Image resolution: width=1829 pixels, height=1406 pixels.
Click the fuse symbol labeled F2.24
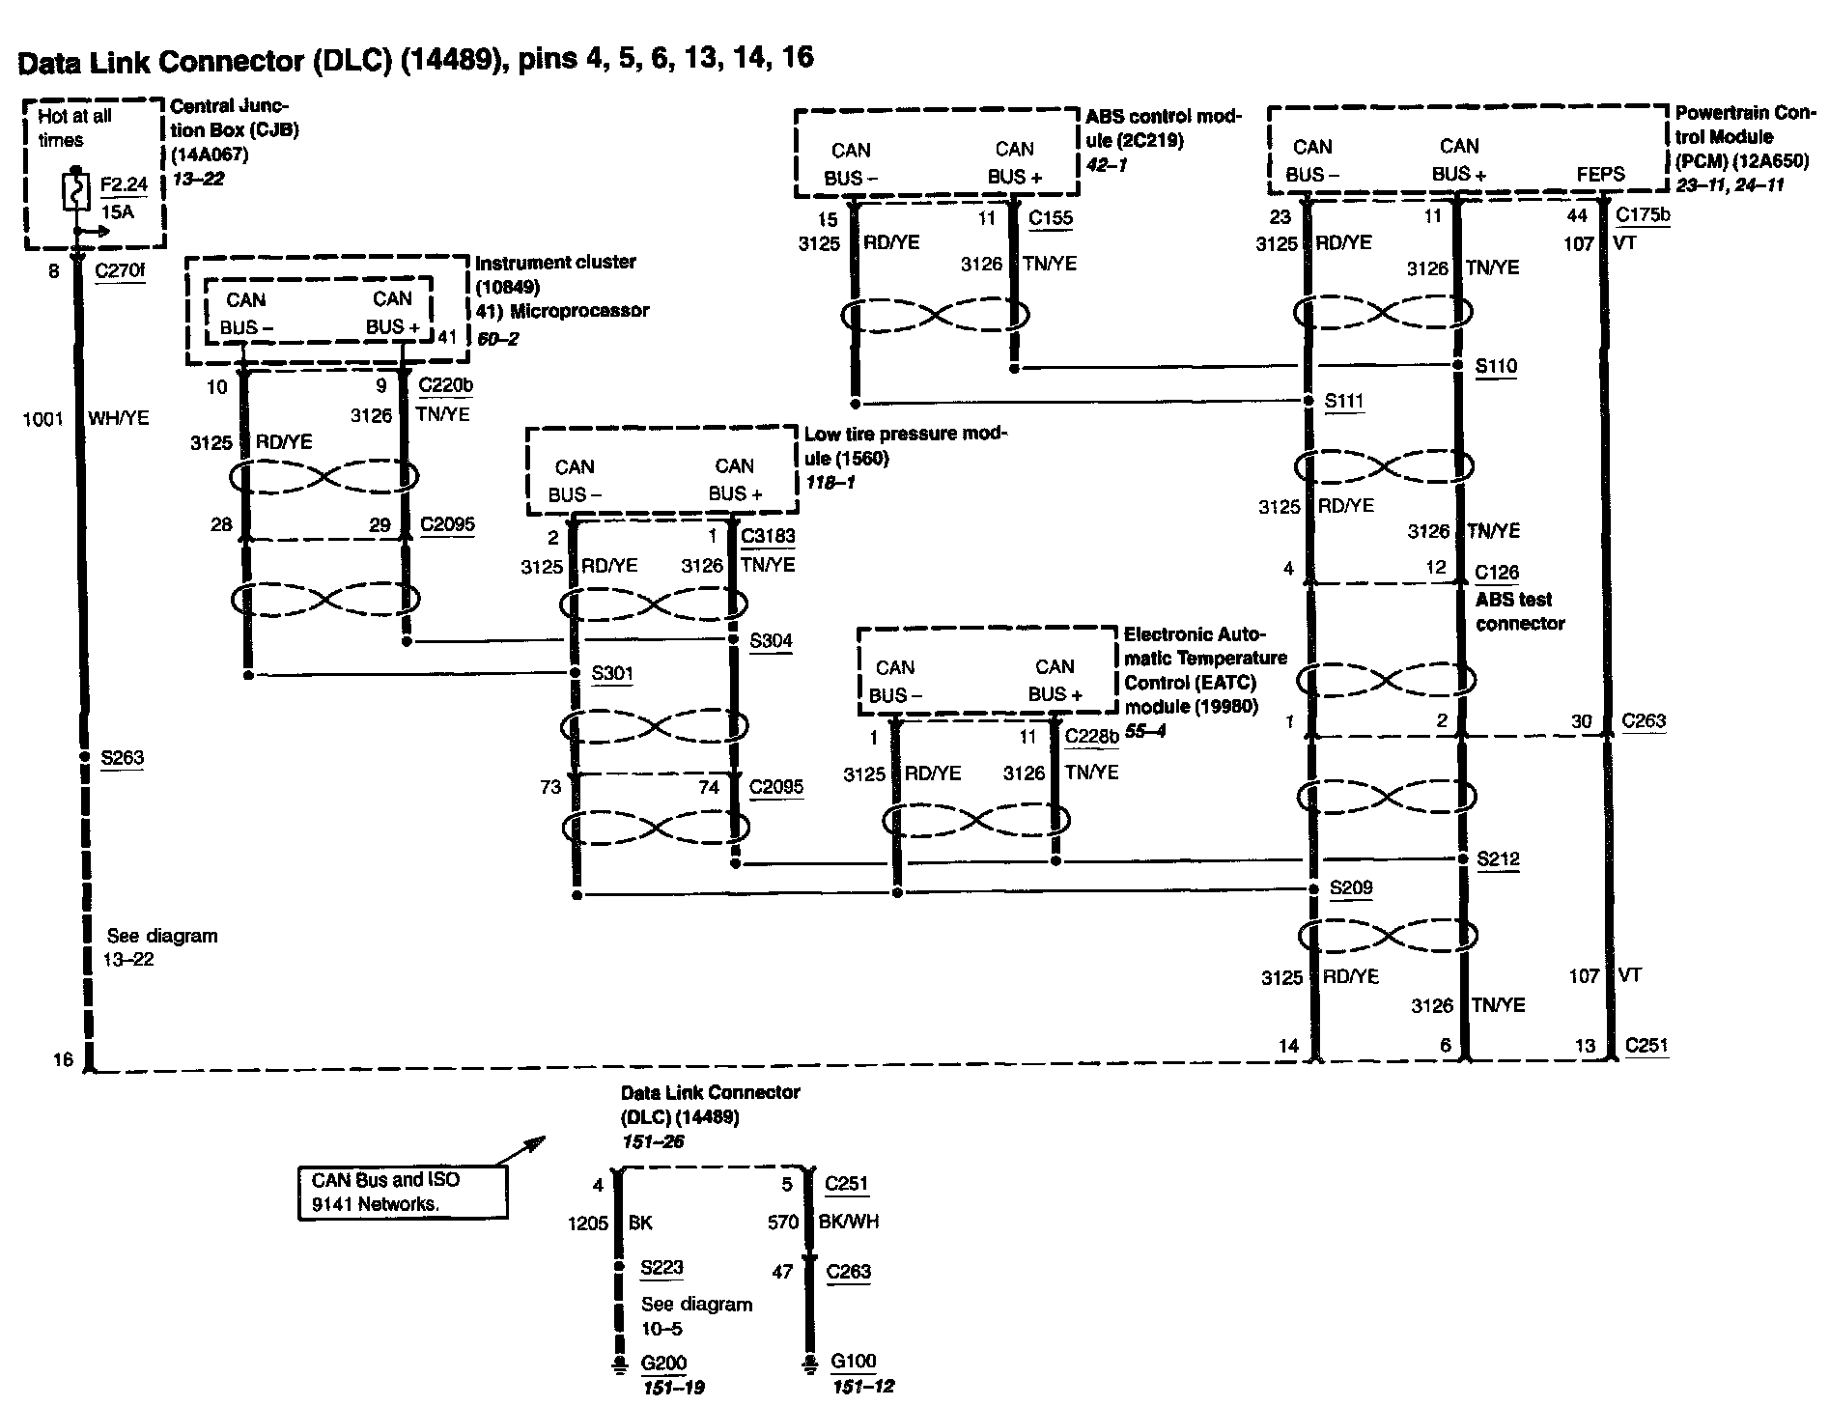click(x=75, y=191)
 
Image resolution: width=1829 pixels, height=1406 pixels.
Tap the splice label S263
click(x=123, y=757)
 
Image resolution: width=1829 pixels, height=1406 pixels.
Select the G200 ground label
click(x=663, y=1364)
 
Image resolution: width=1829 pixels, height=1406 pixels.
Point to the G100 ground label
click(x=854, y=1362)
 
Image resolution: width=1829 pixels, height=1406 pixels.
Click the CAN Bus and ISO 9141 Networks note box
click(x=402, y=1192)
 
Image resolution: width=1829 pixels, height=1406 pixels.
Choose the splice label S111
click(x=1344, y=401)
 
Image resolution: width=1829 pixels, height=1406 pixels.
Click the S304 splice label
click(x=771, y=640)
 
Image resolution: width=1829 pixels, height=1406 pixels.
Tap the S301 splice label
click(x=612, y=673)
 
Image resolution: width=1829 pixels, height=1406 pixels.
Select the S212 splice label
click(x=1498, y=858)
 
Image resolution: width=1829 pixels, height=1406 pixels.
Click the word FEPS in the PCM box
click(x=1601, y=175)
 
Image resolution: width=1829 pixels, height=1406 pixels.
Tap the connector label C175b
click(x=1643, y=215)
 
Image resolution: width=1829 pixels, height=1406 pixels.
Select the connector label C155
click(x=1051, y=218)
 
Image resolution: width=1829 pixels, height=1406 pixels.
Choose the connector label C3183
click(x=768, y=536)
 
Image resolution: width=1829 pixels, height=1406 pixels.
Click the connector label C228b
click(x=1091, y=737)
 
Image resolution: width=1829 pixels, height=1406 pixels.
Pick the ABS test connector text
click(x=1519, y=611)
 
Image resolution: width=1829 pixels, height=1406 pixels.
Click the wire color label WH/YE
click(x=119, y=419)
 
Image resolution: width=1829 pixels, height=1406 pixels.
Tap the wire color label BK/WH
click(x=849, y=1222)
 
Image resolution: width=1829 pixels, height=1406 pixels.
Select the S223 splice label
click(x=661, y=1267)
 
